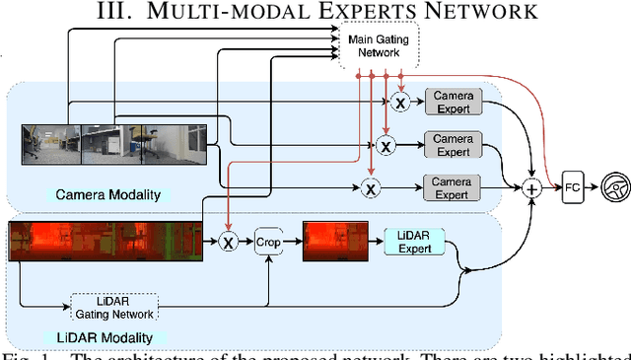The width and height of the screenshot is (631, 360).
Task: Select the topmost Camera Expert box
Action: pyautogui.click(x=454, y=102)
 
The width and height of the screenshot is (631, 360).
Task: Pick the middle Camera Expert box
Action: pyautogui.click(x=454, y=144)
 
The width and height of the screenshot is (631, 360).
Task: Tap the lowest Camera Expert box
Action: pyautogui.click(x=454, y=187)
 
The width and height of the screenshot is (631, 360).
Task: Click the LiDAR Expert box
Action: pyautogui.click(x=414, y=241)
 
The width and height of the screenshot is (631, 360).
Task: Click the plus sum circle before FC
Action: pyautogui.click(x=534, y=187)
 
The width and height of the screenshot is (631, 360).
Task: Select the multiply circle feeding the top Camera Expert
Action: pyautogui.click(x=400, y=102)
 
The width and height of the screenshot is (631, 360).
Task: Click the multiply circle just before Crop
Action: pyautogui.click(x=229, y=242)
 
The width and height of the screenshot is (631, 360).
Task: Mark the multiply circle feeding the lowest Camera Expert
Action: pyautogui.click(x=371, y=187)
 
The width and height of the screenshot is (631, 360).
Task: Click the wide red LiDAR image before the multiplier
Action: pyautogui.click(x=104, y=242)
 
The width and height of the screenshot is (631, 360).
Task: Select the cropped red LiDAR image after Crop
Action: pyautogui.click(x=332, y=242)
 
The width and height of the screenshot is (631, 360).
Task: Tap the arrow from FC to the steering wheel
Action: pyautogui.click(x=592, y=186)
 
